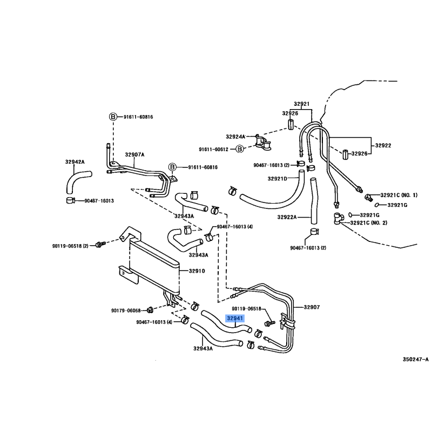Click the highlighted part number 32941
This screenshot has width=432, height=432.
click(x=235, y=319)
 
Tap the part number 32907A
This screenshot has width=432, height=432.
click(x=135, y=154)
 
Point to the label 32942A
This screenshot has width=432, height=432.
click(x=75, y=161)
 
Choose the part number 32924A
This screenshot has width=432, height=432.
click(x=235, y=137)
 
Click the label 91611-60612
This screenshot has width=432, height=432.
click(x=214, y=150)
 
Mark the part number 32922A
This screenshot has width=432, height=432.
click(x=288, y=217)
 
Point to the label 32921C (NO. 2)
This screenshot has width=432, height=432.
click(x=369, y=222)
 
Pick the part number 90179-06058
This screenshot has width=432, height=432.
click(x=126, y=310)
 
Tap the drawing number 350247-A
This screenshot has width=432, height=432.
click(x=415, y=359)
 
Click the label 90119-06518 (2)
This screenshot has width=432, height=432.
click(x=73, y=245)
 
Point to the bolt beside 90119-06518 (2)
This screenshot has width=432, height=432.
click(x=99, y=245)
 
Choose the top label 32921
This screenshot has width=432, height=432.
click(x=302, y=104)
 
